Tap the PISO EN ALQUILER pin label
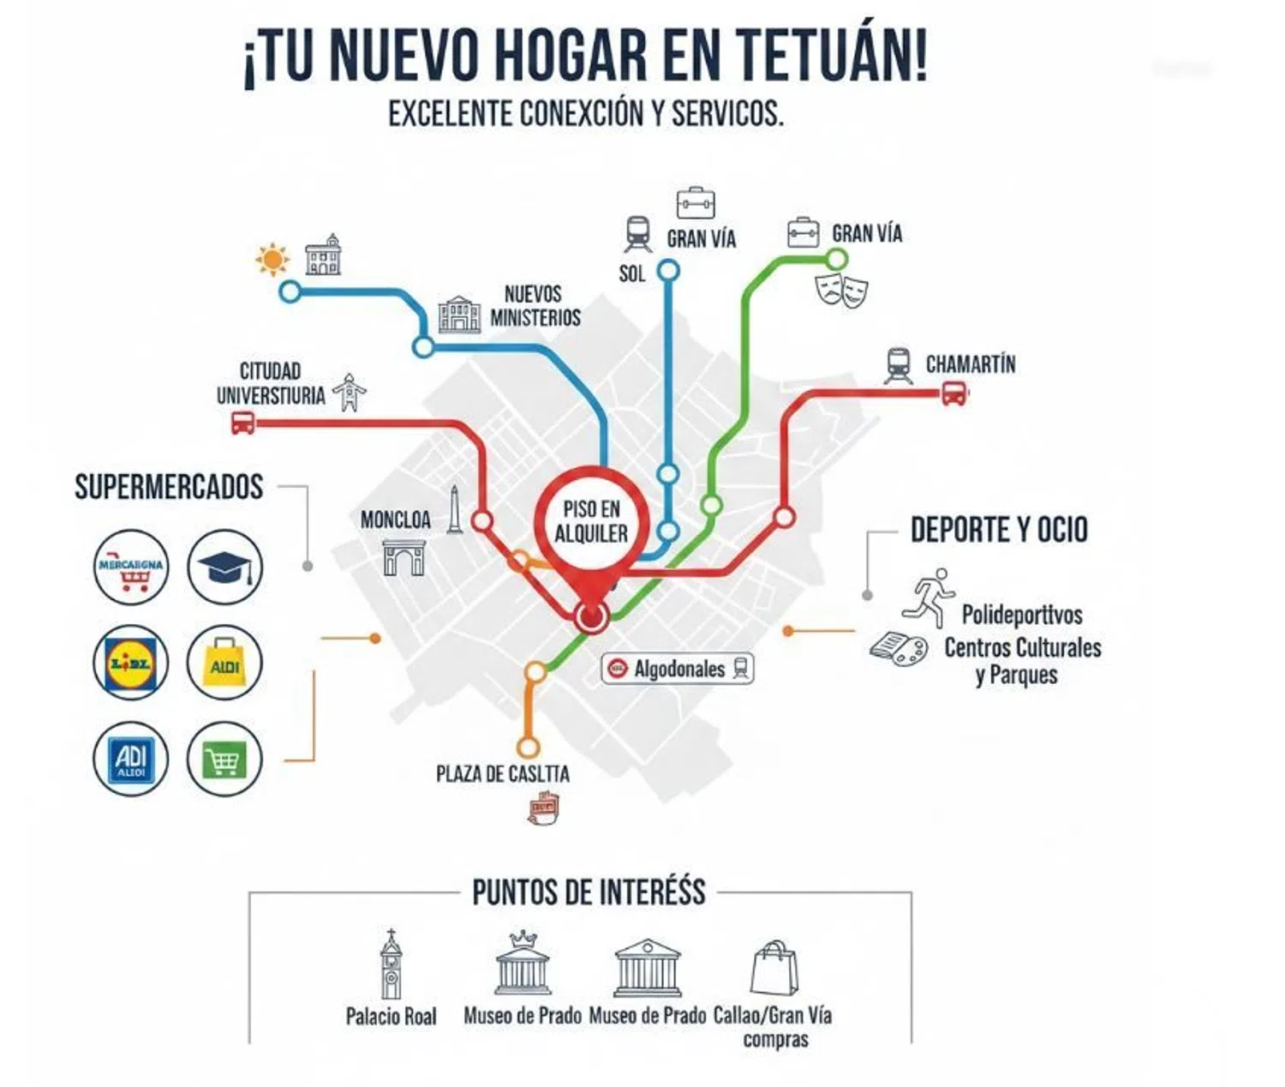coord(591,521)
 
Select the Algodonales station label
coord(678,669)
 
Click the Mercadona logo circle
coord(131,568)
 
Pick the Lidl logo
coord(130,663)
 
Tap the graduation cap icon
coord(224,568)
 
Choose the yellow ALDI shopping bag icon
coord(224,663)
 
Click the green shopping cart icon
coord(224,759)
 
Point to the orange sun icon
coord(272,259)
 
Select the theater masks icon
coord(841,290)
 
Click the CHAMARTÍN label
coord(970,364)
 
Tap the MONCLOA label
coord(395,519)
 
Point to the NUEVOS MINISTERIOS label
coord(535,306)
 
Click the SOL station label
coord(631,273)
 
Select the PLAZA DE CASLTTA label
coord(503,774)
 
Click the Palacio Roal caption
coord(391,1017)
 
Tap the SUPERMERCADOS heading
coord(169,487)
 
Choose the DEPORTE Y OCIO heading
coord(999,530)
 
